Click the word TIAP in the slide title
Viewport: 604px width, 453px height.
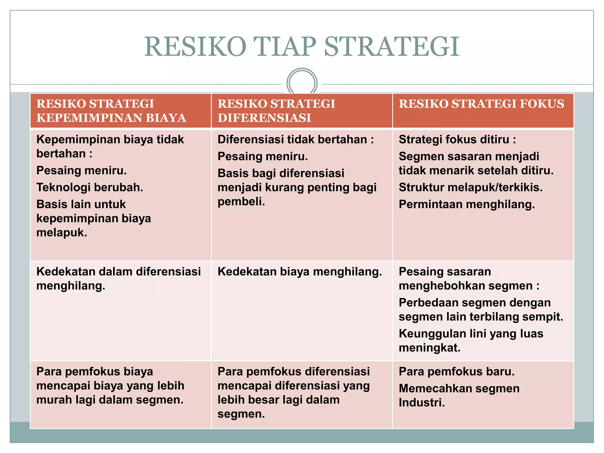[285, 46]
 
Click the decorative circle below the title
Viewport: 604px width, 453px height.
[302, 83]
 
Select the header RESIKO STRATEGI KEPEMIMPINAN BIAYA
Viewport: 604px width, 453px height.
[111, 111]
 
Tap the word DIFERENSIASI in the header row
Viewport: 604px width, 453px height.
[264, 118]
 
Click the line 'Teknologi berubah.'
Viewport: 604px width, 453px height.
[90, 187]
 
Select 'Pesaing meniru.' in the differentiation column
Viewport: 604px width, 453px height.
[262, 156]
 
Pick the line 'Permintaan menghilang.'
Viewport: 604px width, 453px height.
[467, 204]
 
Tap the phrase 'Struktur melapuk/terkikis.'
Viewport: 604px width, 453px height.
[470, 187]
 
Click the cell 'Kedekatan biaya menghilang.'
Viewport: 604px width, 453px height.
[300, 272]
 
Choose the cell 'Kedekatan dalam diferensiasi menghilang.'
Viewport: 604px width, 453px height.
[119, 278]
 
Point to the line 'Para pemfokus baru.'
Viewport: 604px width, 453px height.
[456, 371]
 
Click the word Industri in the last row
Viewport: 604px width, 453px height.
[421, 403]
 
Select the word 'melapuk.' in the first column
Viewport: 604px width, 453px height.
[62, 232]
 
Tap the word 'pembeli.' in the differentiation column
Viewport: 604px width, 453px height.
[241, 201]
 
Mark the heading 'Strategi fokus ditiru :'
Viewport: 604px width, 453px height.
[457, 139]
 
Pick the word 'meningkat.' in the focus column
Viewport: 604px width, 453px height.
[429, 348]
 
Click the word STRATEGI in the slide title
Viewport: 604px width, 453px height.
[391, 46]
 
